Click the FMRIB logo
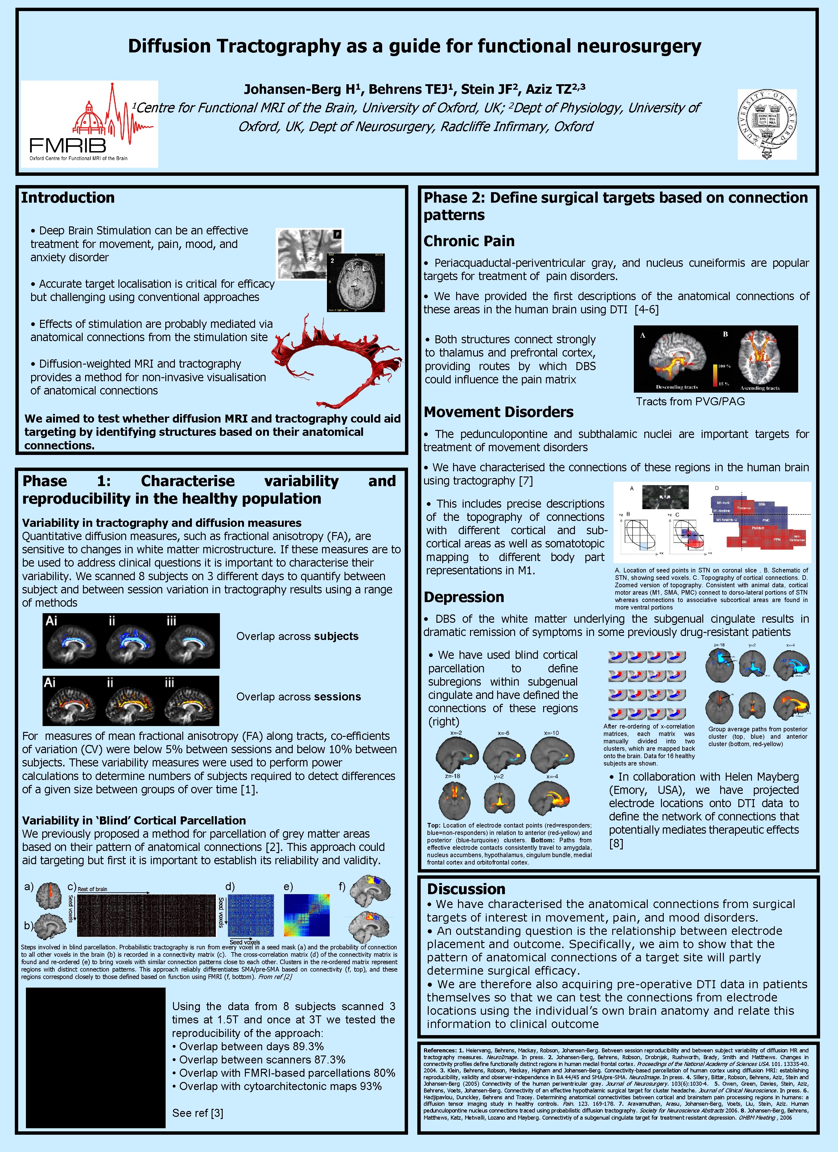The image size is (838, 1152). point(89,124)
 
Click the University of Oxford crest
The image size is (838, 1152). point(767,124)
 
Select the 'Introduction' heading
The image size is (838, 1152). point(68,198)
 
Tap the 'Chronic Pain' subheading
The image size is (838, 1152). point(469,241)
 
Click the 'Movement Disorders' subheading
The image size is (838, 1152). point(498,412)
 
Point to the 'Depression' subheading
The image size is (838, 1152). point(464,597)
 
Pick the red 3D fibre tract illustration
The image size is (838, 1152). point(335,356)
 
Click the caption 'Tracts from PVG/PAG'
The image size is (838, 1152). point(690,401)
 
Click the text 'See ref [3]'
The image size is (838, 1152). point(198,1113)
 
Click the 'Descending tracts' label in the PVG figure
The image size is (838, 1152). point(676,387)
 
